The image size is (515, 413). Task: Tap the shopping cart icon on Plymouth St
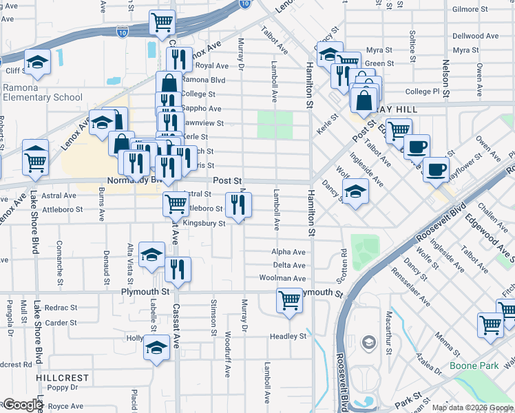click(290, 300)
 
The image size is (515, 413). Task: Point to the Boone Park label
click(474, 366)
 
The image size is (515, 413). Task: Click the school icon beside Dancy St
click(355, 191)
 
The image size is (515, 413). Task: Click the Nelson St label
click(446, 78)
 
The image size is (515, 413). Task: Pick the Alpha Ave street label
click(288, 253)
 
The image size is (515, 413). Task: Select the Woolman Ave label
click(282, 279)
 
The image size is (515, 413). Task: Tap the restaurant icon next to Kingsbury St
click(239, 204)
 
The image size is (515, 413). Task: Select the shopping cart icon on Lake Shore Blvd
click(35, 162)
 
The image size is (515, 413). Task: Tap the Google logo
click(22, 405)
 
